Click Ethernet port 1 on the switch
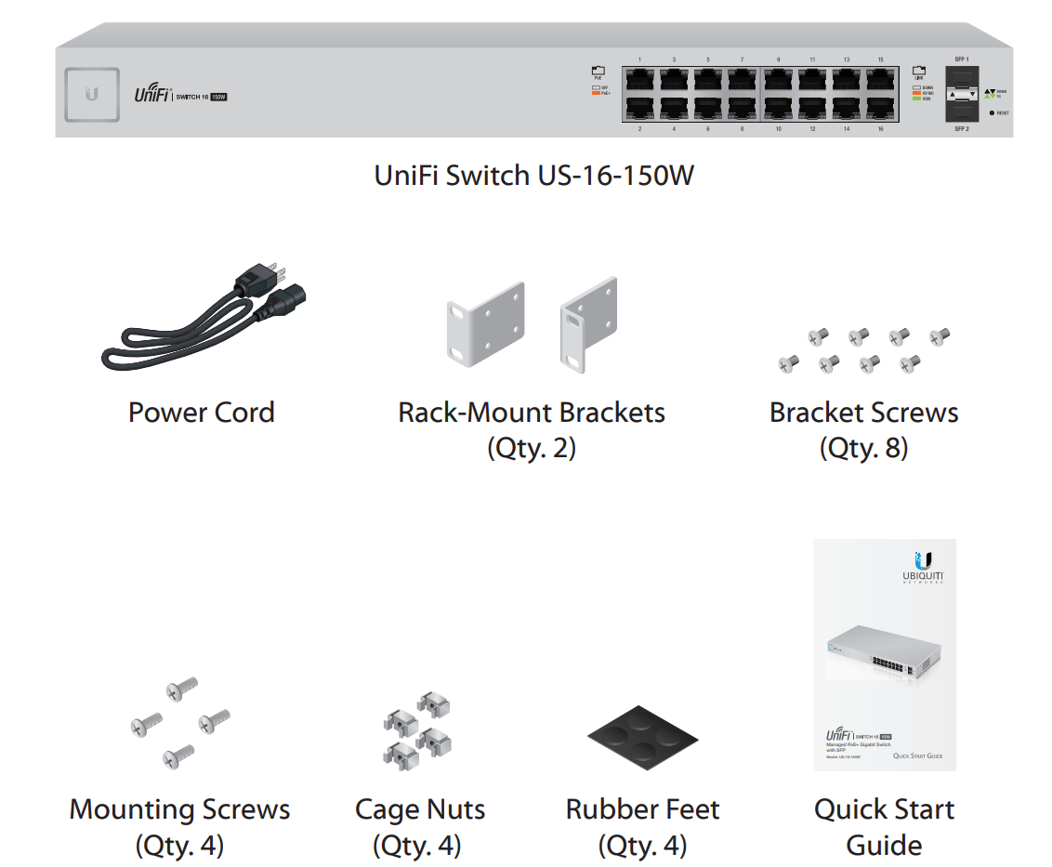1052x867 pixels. tap(639, 78)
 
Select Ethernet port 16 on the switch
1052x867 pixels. tap(880, 108)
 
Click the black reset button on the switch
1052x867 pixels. tap(993, 112)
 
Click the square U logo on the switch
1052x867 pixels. tap(92, 94)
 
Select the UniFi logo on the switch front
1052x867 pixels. tap(150, 94)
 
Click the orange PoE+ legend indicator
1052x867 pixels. tap(597, 94)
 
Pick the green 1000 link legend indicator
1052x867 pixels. tap(916, 99)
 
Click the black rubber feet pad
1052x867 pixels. tap(643, 738)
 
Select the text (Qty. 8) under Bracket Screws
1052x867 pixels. tap(863, 449)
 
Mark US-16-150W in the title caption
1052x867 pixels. tap(613, 175)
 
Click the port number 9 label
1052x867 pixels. tap(778, 59)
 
